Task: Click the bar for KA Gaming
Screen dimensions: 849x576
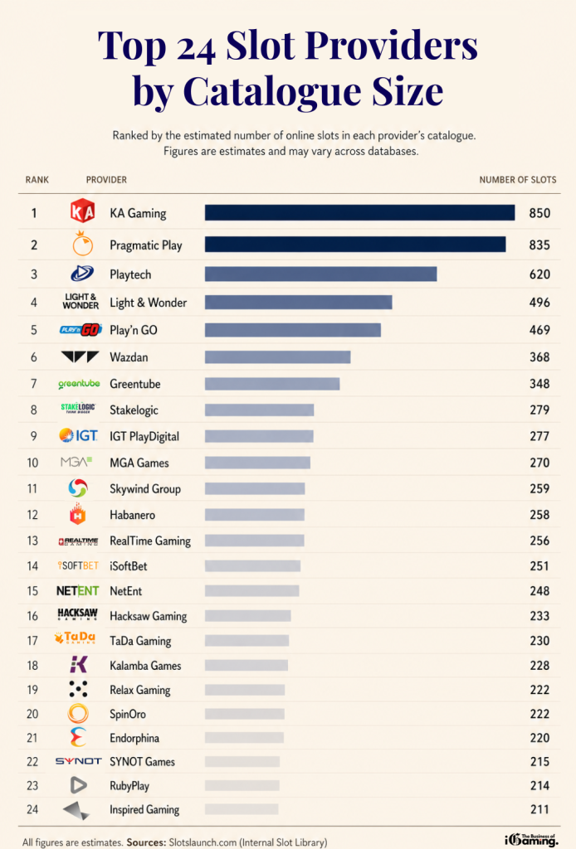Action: [359, 213]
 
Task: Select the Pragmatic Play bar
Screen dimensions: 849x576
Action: [355, 245]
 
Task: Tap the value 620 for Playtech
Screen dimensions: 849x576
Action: [539, 274]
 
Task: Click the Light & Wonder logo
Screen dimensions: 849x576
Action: [81, 302]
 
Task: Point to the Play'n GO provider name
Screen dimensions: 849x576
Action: [133, 330]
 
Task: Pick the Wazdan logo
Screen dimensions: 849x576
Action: [81, 357]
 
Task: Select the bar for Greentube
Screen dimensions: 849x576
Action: [272, 384]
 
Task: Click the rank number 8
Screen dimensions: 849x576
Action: [34, 410]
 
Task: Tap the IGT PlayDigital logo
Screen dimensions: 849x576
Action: [79, 436]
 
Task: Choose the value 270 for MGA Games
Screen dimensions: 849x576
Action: [539, 463]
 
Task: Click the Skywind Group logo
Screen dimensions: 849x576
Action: [79, 488]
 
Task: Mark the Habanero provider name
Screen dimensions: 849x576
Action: [132, 515]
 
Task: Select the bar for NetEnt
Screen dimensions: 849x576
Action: [251, 591]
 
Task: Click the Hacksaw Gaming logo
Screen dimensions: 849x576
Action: [78, 615]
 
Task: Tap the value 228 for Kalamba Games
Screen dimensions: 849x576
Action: [539, 665]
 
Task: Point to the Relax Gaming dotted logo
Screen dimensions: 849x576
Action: [79, 689]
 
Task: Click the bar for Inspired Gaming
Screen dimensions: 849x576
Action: [242, 809]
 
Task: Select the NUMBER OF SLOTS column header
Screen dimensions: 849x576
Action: [518, 180]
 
